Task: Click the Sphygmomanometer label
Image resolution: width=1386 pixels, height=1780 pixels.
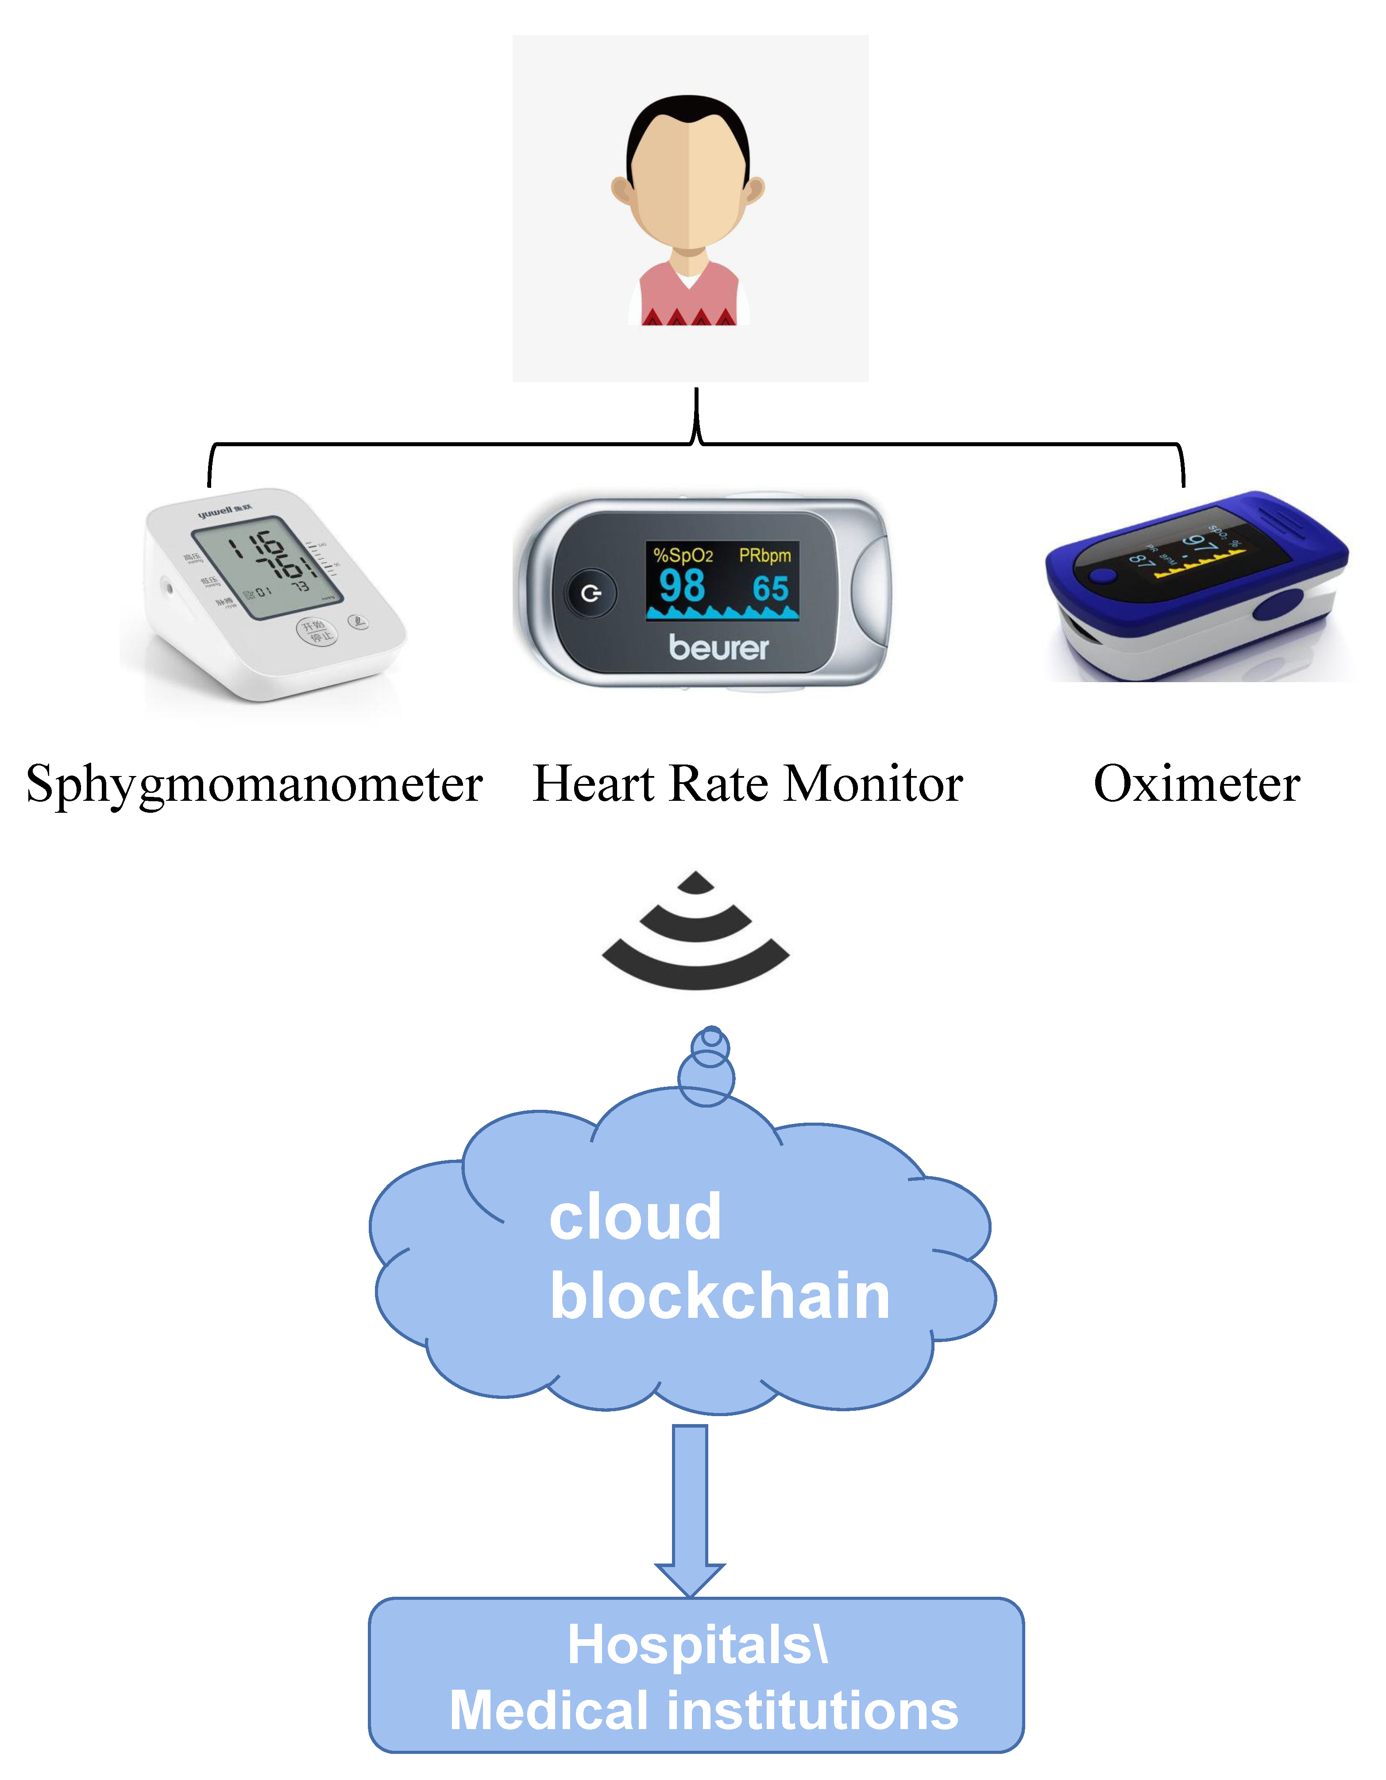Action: pyautogui.click(x=254, y=785)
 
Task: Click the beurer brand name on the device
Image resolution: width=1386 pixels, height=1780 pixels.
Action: pyautogui.click(x=718, y=648)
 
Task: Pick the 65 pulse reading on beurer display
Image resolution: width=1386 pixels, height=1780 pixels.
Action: pyautogui.click(x=770, y=588)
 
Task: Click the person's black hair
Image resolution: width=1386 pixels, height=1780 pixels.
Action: pyautogui.click(x=688, y=122)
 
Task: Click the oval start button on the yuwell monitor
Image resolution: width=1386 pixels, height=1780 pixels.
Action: pyautogui.click(x=315, y=630)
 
